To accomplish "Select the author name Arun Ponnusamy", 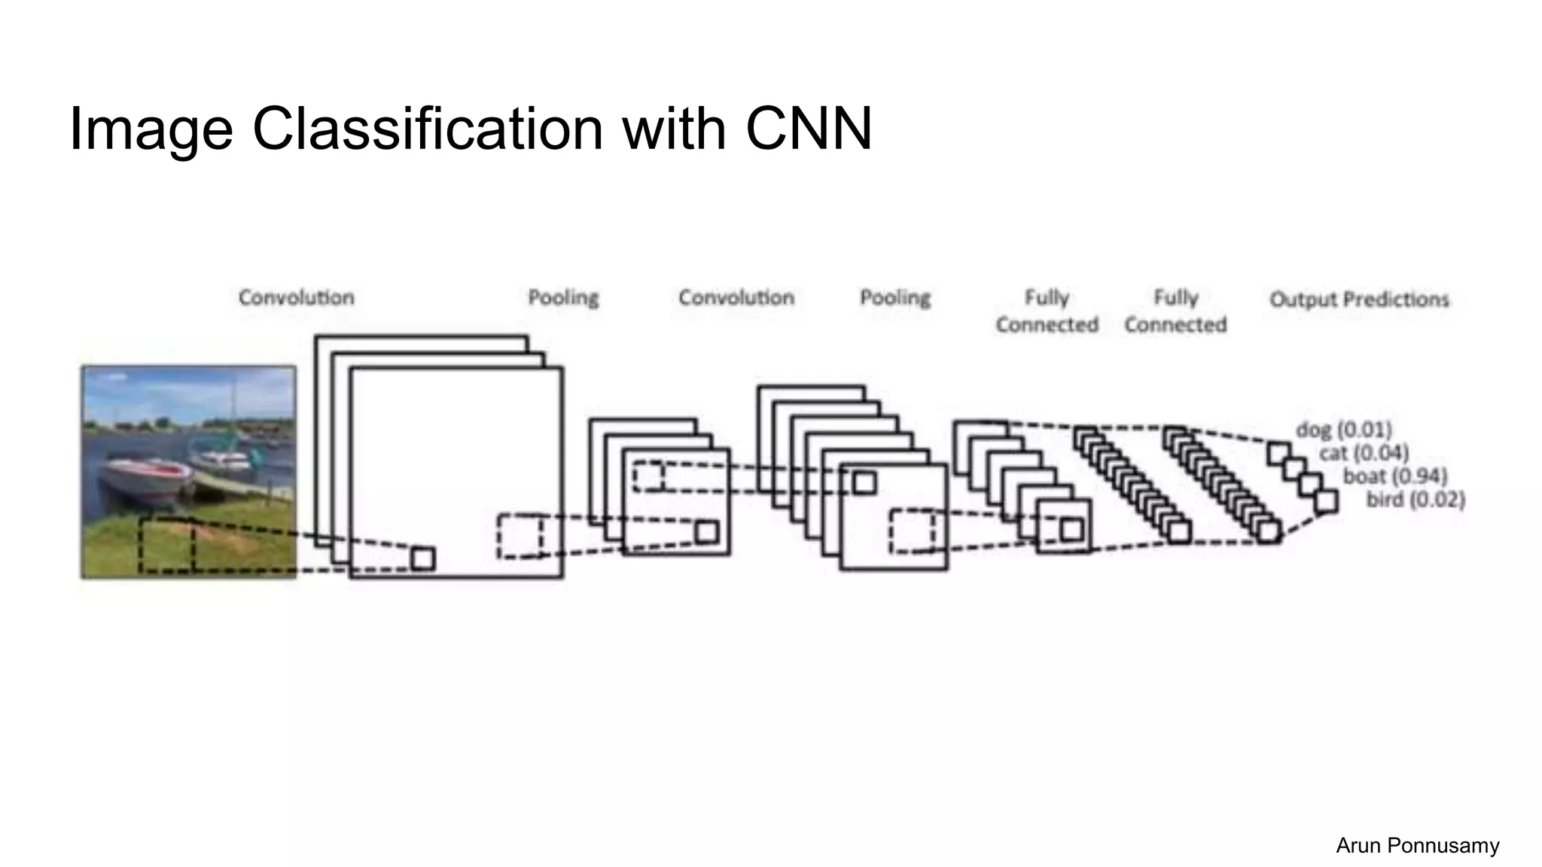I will click(x=1417, y=846).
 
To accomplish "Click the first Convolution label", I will click(x=296, y=298).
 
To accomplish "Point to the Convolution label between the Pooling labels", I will click(x=736, y=298).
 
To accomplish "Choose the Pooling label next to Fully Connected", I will click(x=894, y=298).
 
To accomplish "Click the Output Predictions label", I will click(x=1358, y=300).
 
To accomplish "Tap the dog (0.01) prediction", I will click(x=1343, y=430).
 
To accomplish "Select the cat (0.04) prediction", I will click(x=1363, y=453).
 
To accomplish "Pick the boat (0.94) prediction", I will click(x=1394, y=476).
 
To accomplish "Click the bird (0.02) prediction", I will click(x=1416, y=500).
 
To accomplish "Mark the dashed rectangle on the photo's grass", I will click(x=166, y=546).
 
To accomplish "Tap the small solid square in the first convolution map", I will click(x=422, y=559).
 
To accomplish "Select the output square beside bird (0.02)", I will click(x=1327, y=501).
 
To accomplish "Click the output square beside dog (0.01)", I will click(x=1278, y=454).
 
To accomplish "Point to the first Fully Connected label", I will click(x=1047, y=311).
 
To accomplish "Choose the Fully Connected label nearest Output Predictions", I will click(x=1175, y=311).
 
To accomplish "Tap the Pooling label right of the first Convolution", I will click(x=562, y=298).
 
